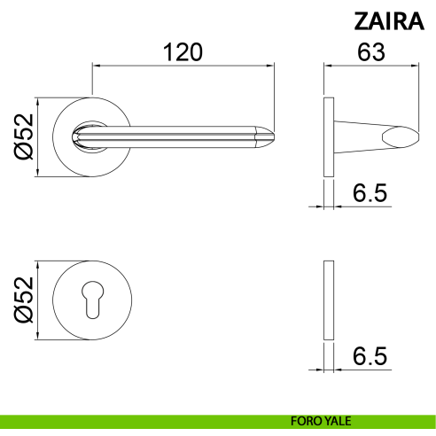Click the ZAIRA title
389,21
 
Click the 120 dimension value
183,52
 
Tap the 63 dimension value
371,52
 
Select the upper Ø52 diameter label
24,136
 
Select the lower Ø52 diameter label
24,300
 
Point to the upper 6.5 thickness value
370,193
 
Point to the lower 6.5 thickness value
370,356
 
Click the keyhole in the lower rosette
92,300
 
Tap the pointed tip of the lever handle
274,136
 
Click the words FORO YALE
321,421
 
